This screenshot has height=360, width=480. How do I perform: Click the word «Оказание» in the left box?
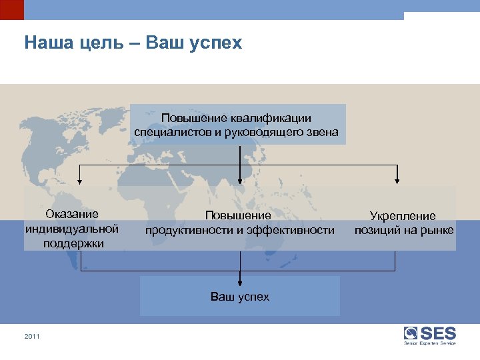coord(72,214)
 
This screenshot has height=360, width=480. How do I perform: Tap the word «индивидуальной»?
coord(72,229)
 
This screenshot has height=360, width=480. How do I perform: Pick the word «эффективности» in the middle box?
coord(291,230)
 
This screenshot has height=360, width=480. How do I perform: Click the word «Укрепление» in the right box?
coord(403,216)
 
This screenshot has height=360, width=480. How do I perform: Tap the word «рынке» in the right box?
coord(437,231)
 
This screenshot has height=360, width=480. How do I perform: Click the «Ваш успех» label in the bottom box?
coord(240,296)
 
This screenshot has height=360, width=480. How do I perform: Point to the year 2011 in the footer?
coord(32,336)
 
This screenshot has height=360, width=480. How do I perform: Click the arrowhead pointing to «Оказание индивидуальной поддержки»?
coord(81,179)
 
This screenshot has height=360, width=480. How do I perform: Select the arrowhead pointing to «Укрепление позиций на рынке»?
coord(397,179)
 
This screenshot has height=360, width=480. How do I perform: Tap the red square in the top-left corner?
coord(11,9)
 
